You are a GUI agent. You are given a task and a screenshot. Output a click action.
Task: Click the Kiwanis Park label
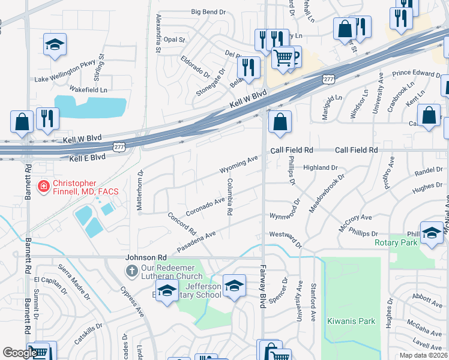click(x=351, y=321)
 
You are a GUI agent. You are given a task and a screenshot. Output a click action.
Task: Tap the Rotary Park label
click(x=396, y=242)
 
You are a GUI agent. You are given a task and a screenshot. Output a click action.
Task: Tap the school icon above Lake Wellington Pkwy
click(x=55, y=44)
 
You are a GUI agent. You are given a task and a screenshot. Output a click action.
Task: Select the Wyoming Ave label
click(x=238, y=162)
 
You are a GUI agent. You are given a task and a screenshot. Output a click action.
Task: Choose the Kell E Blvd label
click(x=87, y=157)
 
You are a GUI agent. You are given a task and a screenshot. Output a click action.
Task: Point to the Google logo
click(x=19, y=353)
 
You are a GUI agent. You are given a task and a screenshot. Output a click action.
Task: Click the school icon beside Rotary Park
click(x=431, y=233)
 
